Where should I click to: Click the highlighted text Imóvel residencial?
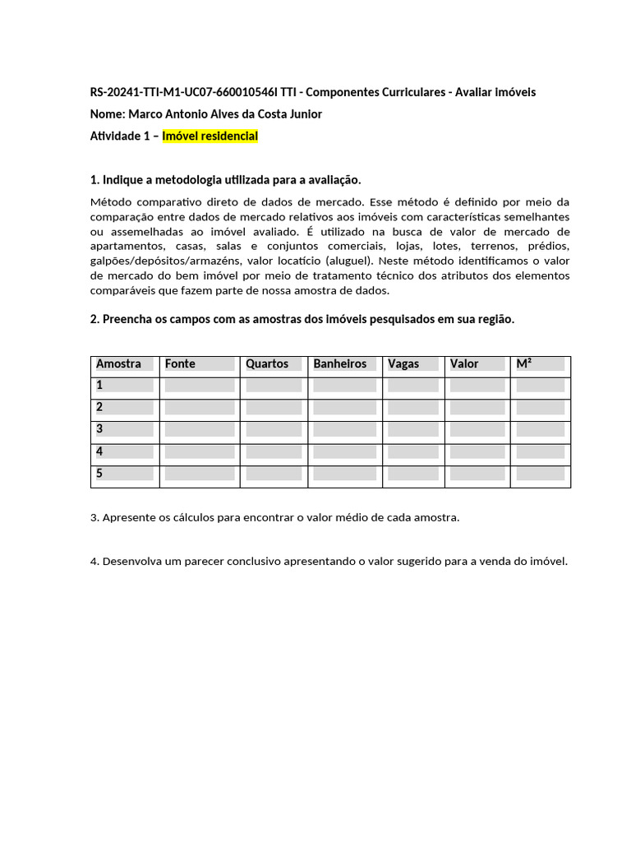(210, 136)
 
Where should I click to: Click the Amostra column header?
(118, 363)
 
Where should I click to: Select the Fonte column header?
(180, 363)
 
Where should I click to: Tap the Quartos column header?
(267, 363)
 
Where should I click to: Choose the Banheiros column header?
(339, 363)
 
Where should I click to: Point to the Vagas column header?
(403, 363)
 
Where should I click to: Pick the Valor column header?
(464, 363)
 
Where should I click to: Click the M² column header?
(523, 363)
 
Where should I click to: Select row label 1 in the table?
(99, 386)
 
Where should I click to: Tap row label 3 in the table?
(99, 429)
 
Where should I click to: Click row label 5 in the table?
(99, 474)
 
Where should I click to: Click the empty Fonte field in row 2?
(200, 408)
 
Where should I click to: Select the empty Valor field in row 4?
(477, 451)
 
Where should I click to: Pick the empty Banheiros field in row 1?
(344, 386)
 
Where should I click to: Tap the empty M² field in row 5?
(540, 474)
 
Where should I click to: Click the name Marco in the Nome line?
(146, 114)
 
